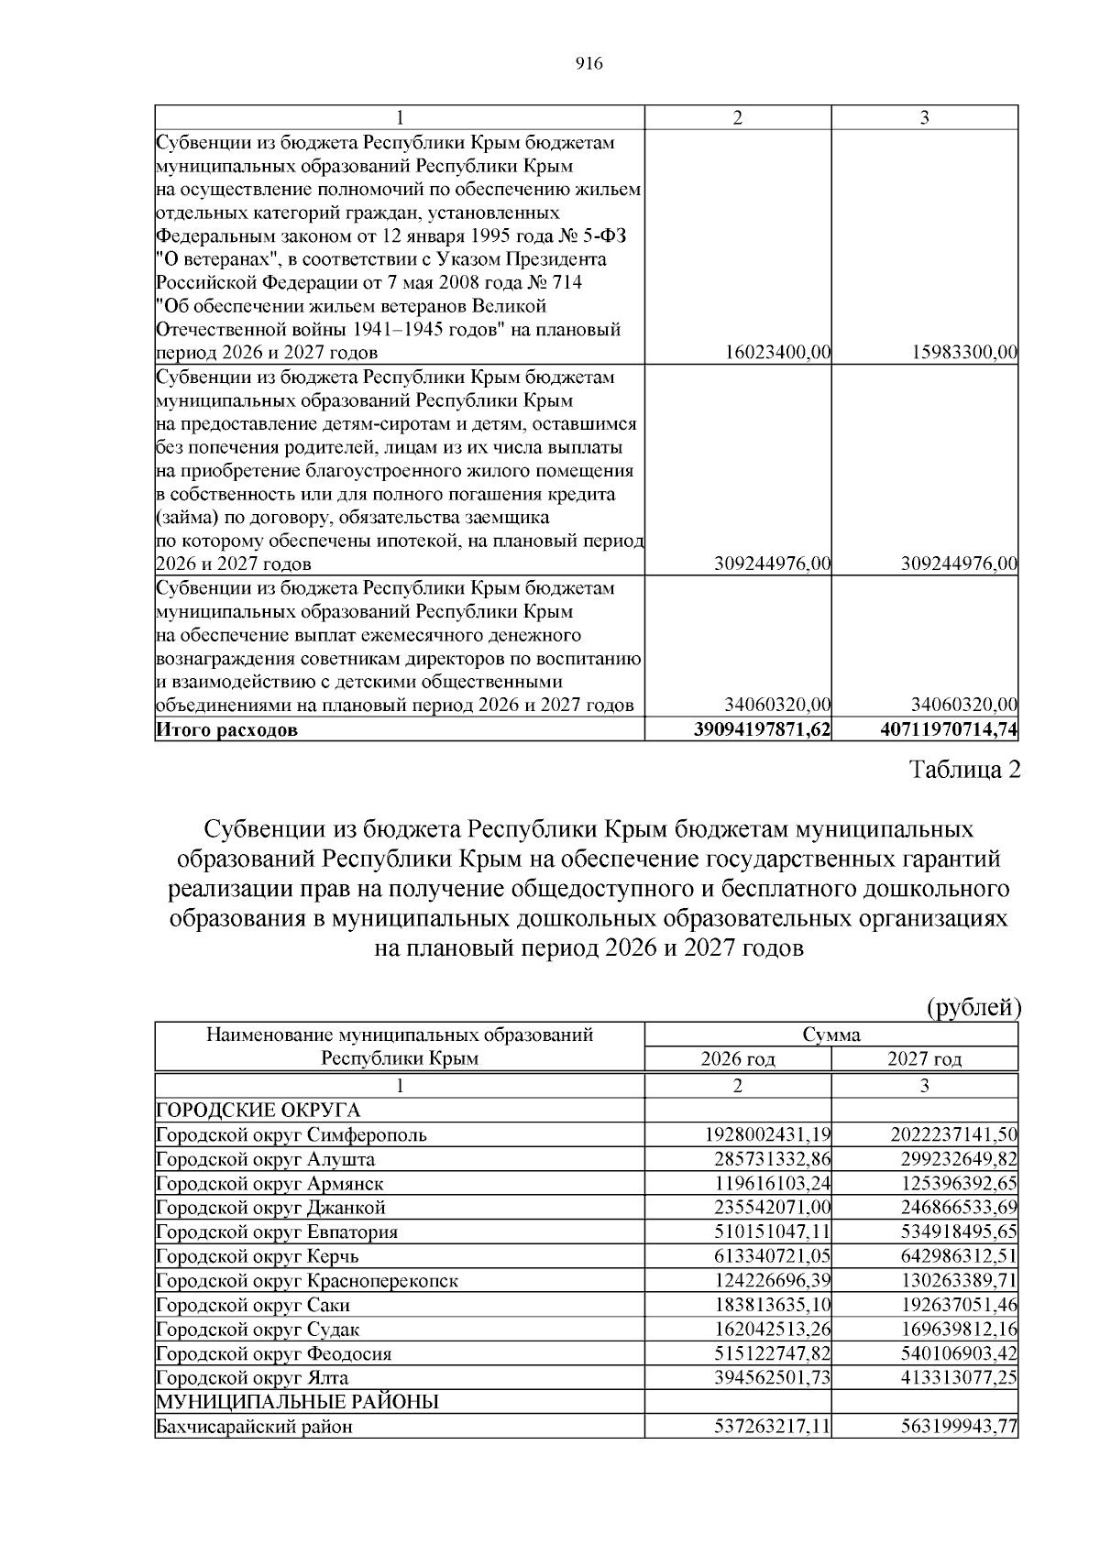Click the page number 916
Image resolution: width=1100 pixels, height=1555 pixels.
[588, 63]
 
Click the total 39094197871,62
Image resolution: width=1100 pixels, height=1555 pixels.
[764, 730]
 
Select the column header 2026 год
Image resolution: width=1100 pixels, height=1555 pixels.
[738, 1059]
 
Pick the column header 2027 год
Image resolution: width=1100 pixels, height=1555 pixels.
[925, 1059]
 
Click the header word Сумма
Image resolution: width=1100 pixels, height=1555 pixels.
[831, 1035]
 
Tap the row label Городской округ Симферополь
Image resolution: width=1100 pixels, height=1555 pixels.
[291, 1134]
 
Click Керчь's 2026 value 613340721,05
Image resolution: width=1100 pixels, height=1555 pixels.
[773, 1256]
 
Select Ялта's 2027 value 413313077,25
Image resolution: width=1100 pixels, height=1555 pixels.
[960, 1378]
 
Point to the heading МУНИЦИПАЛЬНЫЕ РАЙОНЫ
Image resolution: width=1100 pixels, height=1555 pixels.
[297, 1402]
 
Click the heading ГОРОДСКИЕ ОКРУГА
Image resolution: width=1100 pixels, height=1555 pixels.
[258, 1111]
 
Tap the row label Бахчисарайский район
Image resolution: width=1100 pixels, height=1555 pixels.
[254, 1427]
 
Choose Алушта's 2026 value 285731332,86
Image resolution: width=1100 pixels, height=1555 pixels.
[773, 1159]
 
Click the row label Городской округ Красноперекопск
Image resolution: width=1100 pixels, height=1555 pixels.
[307, 1281]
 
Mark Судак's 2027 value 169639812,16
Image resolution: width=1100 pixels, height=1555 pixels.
[960, 1330]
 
